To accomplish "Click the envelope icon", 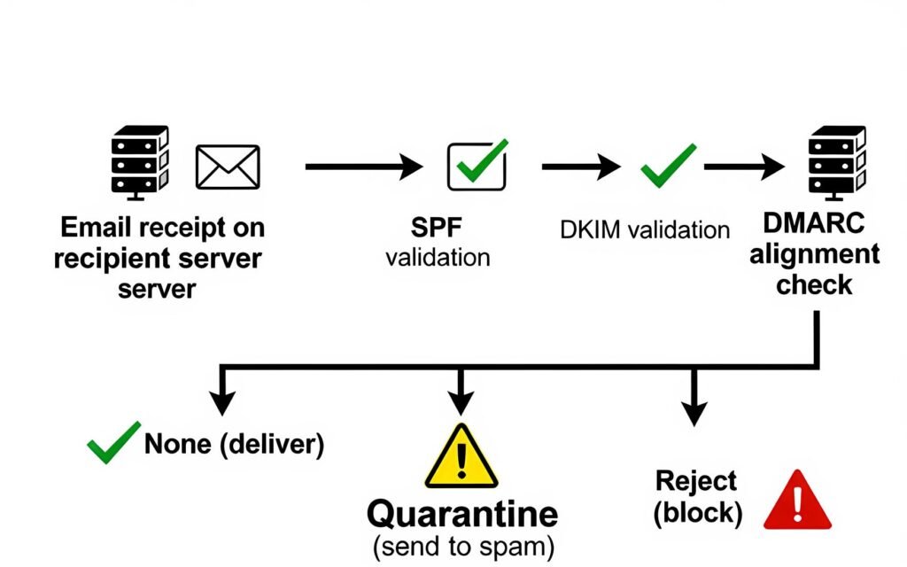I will coord(228,167).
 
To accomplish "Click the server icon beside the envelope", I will coord(139,160).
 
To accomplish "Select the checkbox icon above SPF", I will coord(477,165).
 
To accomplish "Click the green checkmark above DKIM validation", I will coord(668,164).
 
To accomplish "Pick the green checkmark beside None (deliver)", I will coord(112,442).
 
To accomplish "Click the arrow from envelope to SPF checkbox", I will coord(364,166).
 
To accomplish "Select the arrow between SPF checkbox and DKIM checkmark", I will coord(580,166).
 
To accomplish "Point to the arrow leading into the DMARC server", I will coord(744,166).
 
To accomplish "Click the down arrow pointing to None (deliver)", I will coord(221,390).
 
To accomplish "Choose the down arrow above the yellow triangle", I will coord(458,390).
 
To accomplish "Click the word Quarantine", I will coord(462,514).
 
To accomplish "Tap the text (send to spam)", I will coord(463,547).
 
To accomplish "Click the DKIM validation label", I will coord(645,229).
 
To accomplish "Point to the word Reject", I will coord(695,481).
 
